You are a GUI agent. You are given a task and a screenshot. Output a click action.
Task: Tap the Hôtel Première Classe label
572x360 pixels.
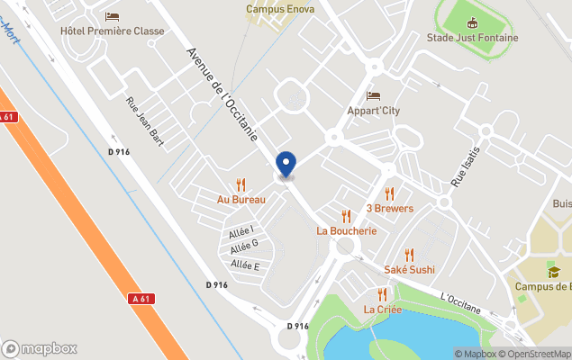point(112,31)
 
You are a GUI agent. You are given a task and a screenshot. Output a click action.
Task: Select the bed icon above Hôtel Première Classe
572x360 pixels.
point(112,16)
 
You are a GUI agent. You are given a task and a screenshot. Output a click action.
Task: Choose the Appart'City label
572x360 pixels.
point(373,111)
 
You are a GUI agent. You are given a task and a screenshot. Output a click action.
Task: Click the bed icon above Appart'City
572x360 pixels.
point(373,96)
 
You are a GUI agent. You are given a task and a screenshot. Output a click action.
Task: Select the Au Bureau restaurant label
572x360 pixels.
point(241,198)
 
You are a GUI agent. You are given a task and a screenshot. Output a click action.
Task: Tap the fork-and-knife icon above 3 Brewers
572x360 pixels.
point(390,193)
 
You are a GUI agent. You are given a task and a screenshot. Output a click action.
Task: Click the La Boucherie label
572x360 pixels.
point(346,230)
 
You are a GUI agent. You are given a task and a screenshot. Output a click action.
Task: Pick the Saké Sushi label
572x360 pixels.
point(409,269)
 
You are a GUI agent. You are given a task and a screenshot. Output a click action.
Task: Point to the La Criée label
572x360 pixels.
point(382,309)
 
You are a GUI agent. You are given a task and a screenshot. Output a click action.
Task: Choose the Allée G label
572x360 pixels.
point(244,245)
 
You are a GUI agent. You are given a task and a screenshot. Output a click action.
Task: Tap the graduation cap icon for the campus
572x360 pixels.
point(552,272)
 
